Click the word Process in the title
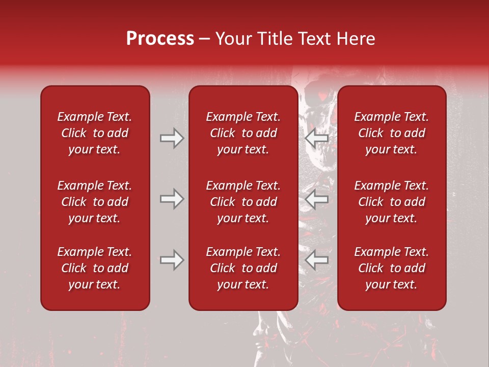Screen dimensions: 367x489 tap(160, 39)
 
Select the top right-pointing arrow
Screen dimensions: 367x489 tap(172, 138)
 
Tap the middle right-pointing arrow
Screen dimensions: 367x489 tap(172, 198)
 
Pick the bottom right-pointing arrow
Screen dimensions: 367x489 tap(172, 260)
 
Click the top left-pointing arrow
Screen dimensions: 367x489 tap(317, 138)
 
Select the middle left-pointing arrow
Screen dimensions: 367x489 tap(317, 198)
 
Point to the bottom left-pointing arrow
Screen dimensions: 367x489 tap(317, 260)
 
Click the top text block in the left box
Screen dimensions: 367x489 tap(95, 133)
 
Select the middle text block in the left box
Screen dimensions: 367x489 tap(95, 202)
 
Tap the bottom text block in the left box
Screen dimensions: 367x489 tap(95, 268)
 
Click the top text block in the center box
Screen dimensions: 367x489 tap(243, 133)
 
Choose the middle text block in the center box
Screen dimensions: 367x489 tap(243, 202)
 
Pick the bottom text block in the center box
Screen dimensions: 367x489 tap(243, 268)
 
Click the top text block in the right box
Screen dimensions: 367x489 tap(391, 133)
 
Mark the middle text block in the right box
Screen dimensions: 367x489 tap(391, 202)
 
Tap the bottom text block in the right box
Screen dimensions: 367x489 tap(391, 268)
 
